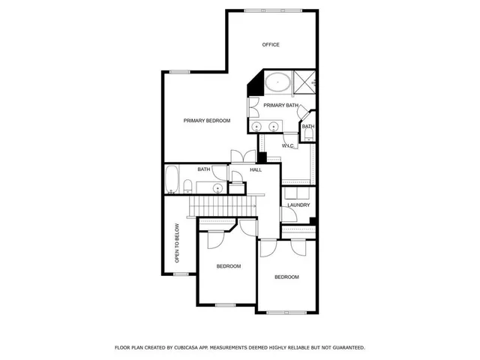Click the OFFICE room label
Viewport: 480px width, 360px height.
pos(271,45)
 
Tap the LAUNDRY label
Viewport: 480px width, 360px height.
pos(298,205)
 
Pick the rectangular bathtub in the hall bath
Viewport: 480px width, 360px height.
pos(171,180)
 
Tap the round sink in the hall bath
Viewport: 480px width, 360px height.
pos(217,187)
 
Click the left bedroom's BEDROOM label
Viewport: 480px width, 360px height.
pos(228,266)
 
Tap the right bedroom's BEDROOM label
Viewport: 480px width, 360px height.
pos(286,277)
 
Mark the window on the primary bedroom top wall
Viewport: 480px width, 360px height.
pos(179,72)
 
